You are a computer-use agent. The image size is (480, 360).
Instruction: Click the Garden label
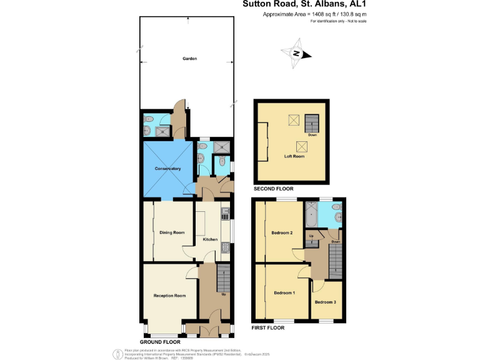point(189,58)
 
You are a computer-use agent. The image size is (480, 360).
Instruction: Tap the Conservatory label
point(167,169)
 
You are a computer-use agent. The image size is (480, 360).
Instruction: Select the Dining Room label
point(172,232)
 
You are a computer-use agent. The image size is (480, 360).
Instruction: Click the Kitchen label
point(210,239)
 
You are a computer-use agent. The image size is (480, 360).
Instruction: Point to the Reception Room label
point(170,295)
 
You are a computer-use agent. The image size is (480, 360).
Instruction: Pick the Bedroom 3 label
point(325,302)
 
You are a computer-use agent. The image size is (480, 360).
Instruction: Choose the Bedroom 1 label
point(284,292)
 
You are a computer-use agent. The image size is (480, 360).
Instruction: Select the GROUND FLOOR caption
point(160,342)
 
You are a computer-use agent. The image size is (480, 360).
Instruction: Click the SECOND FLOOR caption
point(273,188)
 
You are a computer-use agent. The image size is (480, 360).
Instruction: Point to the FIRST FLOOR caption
point(268,327)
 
